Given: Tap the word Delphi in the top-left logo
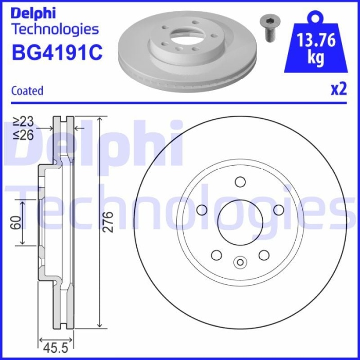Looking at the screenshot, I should tap(33, 12).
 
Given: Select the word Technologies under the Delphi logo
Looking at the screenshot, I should tap(55, 29).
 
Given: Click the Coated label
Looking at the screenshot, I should tap(27, 91).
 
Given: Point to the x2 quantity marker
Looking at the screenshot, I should tap(338, 89).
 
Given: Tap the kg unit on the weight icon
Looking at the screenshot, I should tap(315, 58).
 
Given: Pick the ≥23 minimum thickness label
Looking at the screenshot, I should tap(23, 121).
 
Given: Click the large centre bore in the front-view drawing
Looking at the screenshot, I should tap(240, 223).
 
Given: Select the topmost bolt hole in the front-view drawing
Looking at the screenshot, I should tap(240, 182).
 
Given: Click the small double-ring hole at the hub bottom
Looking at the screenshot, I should tap(240, 263).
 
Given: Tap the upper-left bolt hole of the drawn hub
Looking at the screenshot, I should tap(202, 210).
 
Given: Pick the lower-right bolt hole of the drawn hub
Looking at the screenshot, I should tap(264, 255).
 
